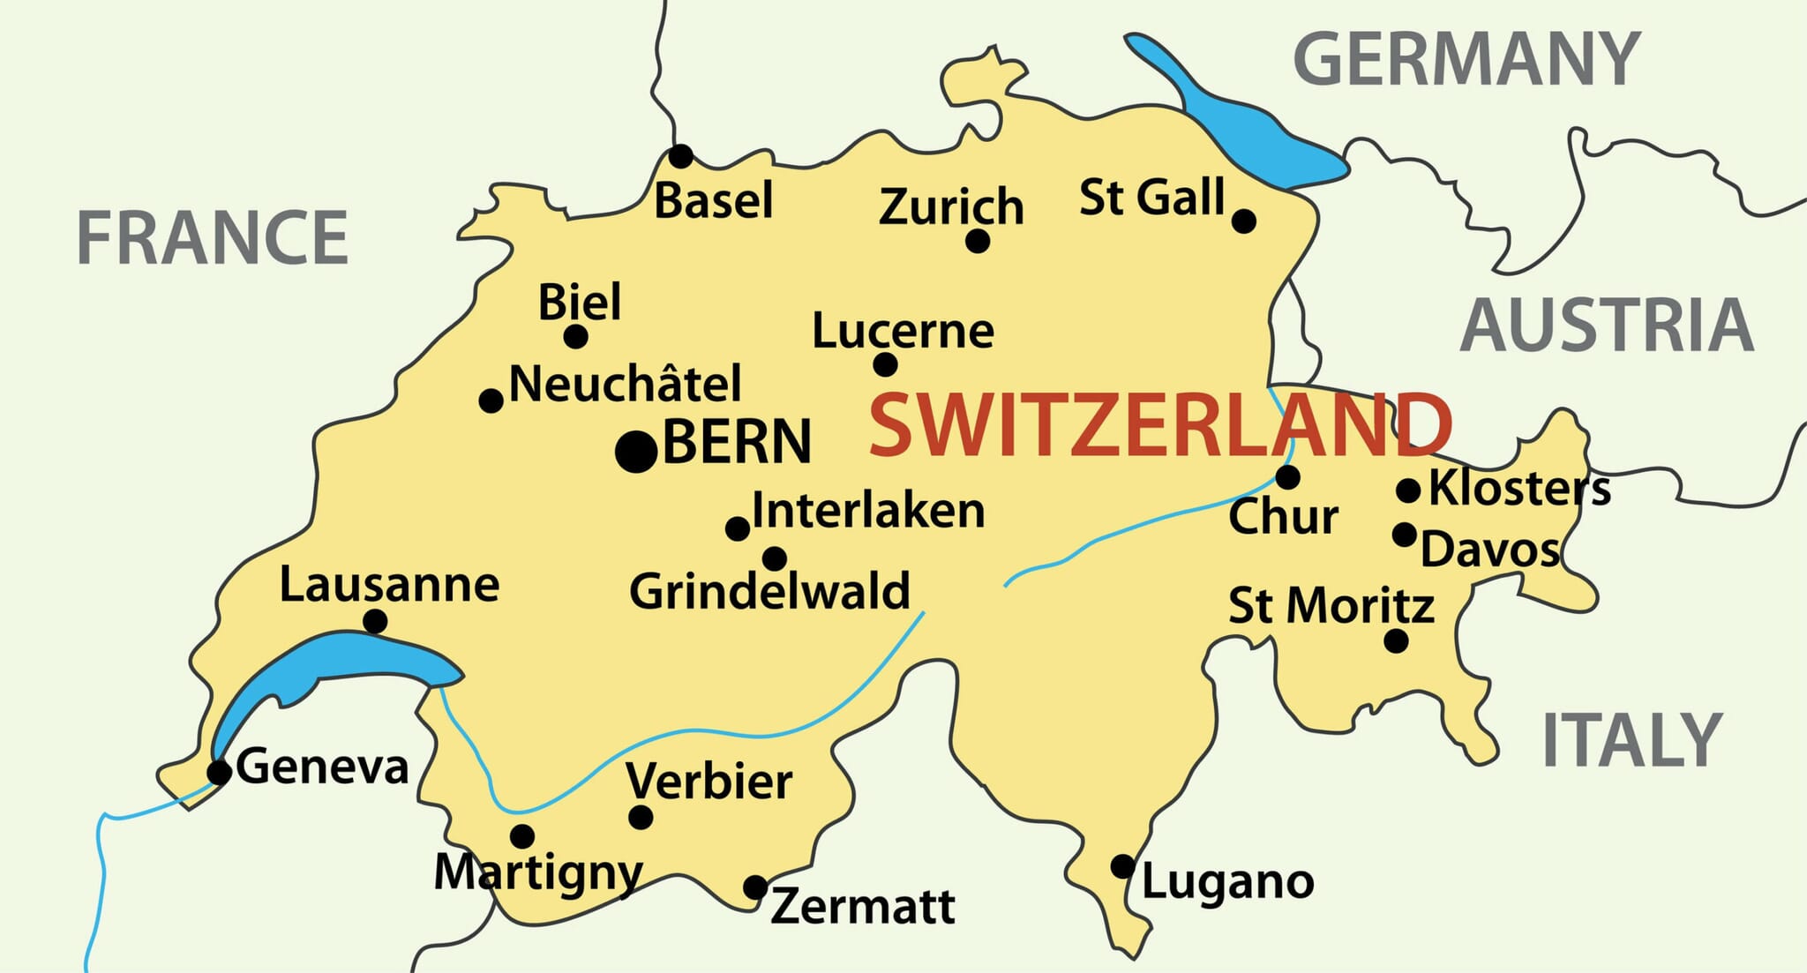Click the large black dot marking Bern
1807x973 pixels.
click(636, 452)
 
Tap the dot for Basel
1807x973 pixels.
click(680, 157)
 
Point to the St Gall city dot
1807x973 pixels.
click(1244, 221)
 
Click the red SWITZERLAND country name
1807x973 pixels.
click(1160, 425)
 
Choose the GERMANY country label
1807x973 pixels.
click(1466, 59)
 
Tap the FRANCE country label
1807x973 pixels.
click(213, 237)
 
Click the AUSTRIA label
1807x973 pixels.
click(1607, 326)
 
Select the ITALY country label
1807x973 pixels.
click(1631, 740)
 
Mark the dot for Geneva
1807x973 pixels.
click(219, 773)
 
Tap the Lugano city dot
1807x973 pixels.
click(1122, 866)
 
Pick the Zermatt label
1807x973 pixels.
click(862, 906)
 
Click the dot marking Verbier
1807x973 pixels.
click(641, 817)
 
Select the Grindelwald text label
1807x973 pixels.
click(769, 591)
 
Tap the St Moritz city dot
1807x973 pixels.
click(1396, 641)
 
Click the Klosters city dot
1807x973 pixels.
click(1408, 490)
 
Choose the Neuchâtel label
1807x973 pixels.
click(626, 385)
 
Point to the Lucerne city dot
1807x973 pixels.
click(885, 364)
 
